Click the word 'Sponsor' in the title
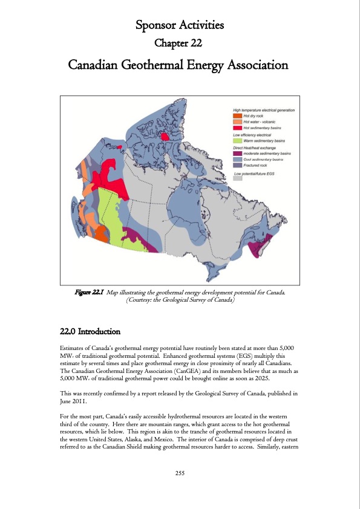pyautogui.click(x=155, y=25)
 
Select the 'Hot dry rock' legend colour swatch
pyautogui.click(x=238, y=115)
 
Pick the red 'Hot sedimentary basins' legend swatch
pyautogui.click(x=238, y=128)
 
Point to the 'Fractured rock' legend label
pyautogui.click(x=257, y=165)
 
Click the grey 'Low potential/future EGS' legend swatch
pyautogui.click(x=238, y=179)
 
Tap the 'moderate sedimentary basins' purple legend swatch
pyautogui.click(x=238, y=154)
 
